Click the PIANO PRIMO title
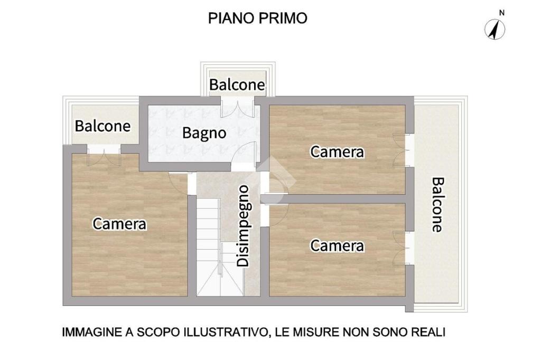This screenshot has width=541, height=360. [257, 18]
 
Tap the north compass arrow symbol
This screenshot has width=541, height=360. [495, 30]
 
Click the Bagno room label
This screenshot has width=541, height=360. [204, 133]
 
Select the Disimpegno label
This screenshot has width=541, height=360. [244, 226]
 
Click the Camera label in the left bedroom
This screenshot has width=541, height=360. [119, 224]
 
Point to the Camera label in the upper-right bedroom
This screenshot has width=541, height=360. [337, 152]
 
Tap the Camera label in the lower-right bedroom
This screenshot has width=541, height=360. [337, 246]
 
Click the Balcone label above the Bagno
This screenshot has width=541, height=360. [237, 85]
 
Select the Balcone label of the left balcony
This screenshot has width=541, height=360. [103, 126]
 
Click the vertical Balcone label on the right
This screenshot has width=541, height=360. [438, 204]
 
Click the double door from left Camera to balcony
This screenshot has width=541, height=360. [104, 155]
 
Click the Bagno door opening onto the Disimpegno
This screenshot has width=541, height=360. [244, 156]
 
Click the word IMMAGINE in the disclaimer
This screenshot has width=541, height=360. [92, 332]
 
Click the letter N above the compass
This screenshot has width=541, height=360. [502, 13]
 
